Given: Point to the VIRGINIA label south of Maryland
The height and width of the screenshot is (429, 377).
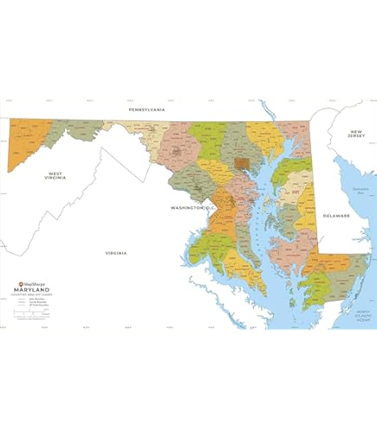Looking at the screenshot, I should tap(116, 252).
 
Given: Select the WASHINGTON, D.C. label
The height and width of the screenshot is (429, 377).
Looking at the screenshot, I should tap(192, 209).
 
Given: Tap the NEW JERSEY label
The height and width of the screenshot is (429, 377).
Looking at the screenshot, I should tap(356, 133).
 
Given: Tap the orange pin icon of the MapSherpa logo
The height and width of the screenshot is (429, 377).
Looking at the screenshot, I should tap(21, 283).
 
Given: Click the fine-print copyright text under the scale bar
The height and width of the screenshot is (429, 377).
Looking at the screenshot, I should tap(39, 321).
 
